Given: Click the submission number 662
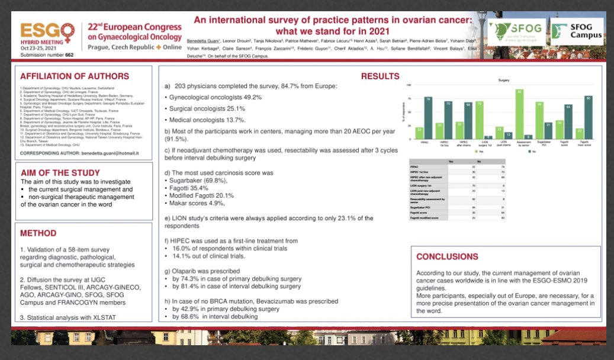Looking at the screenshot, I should click(69, 54).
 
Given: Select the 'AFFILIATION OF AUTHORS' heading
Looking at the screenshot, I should click(75, 76).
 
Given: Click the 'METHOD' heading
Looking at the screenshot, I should click(38, 233).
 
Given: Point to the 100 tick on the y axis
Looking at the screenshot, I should click(409, 86).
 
